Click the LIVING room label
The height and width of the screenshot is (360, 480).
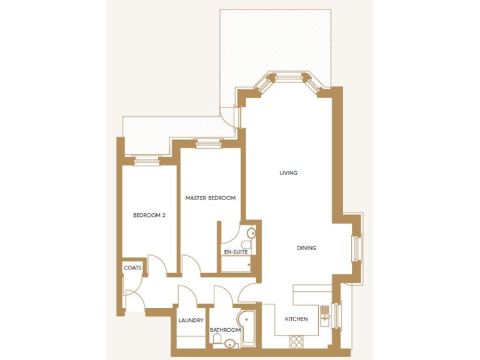click(288, 173)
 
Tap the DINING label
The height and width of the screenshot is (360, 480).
click(306, 248)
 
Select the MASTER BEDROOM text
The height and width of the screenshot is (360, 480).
click(211, 198)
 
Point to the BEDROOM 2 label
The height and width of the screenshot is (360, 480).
click(149, 216)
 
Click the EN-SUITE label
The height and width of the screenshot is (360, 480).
click(236, 252)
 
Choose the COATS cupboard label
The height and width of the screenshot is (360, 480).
click(132, 268)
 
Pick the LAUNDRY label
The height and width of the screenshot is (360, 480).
click(191, 321)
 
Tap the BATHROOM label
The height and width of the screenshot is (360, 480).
click(225, 330)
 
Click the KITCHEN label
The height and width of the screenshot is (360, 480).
click(296, 319)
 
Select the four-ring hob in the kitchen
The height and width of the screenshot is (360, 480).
click(296, 341)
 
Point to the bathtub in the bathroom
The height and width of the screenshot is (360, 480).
click(246, 326)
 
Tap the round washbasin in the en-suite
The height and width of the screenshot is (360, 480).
click(251, 234)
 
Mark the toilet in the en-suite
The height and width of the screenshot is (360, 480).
click(246, 245)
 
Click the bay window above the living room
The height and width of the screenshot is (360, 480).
click(289, 79)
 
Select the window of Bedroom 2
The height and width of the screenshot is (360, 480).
click(147, 161)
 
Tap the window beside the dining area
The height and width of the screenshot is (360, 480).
click(357, 248)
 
